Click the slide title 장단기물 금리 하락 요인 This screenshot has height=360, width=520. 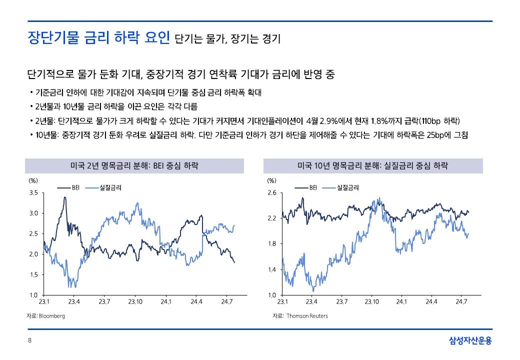pos(98,37)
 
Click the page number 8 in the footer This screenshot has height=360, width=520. pos(29,341)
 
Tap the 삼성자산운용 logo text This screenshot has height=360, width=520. pos(470,341)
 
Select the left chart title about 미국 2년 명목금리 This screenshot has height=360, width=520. pos(134,165)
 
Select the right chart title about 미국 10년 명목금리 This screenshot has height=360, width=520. pos(372,165)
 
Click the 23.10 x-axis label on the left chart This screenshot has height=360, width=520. pos(135,301)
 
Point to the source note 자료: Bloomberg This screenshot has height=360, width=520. pos(45,316)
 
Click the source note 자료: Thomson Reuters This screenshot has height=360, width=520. pos(300,316)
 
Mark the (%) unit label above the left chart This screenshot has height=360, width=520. pos(32,180)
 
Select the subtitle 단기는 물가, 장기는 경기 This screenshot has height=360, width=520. pos(228,39)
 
